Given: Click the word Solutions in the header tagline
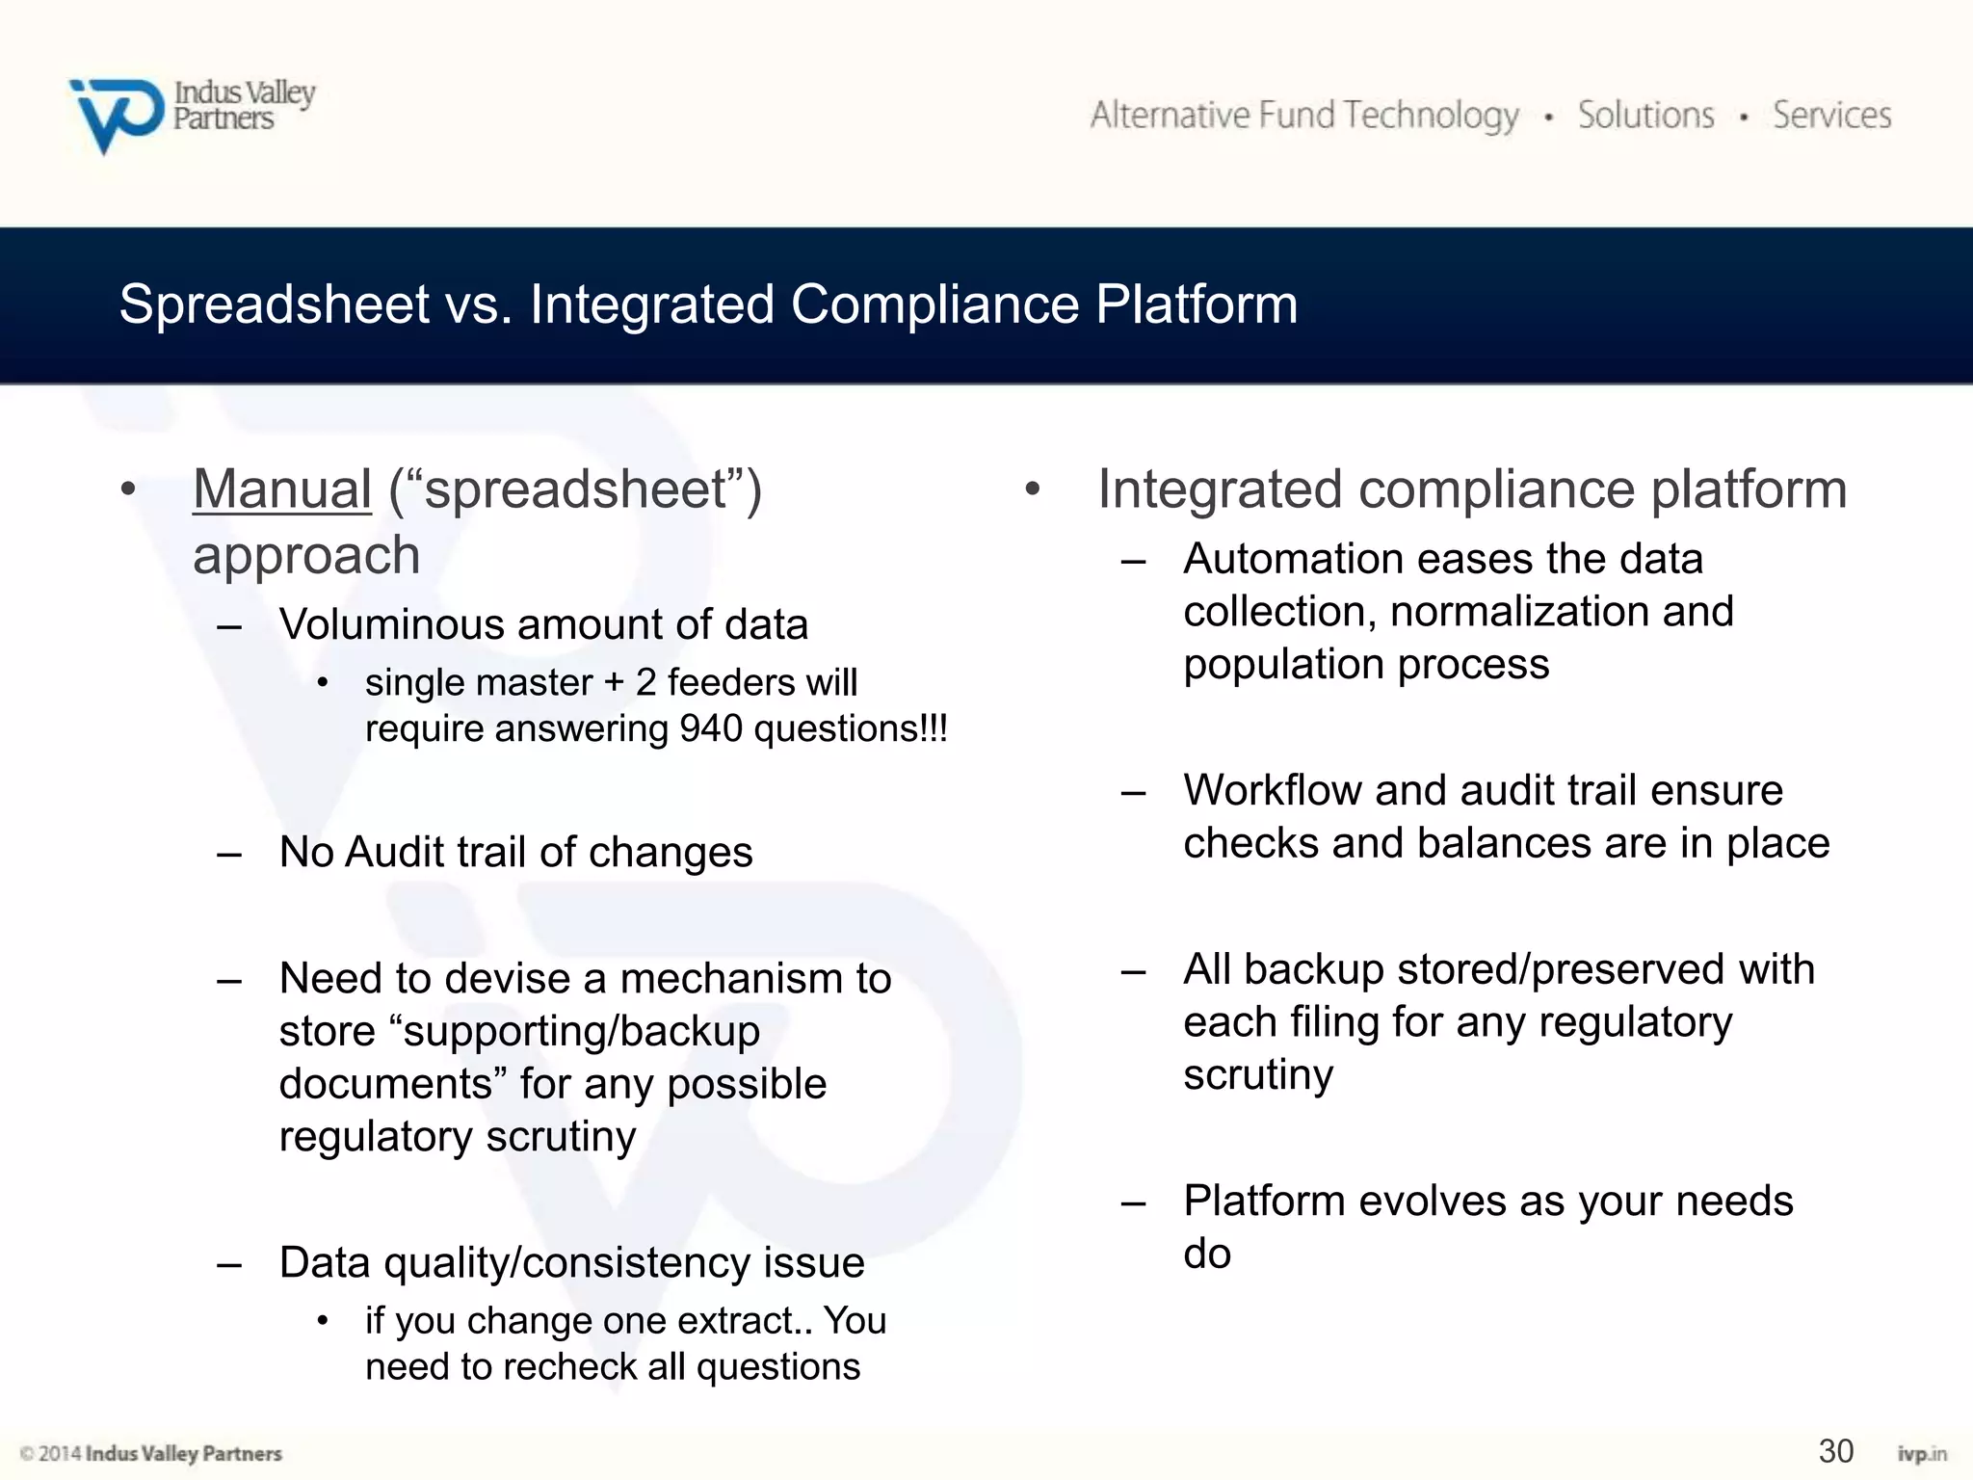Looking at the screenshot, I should (1645, 116).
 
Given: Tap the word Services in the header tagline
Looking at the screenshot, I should (1831, 116).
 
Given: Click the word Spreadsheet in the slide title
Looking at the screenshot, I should (274, 304).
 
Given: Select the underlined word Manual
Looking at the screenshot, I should (281, 489).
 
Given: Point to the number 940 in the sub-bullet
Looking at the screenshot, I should (711, 729).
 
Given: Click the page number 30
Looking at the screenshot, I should (1835, 1451).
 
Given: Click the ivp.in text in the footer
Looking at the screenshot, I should (1921, 1454).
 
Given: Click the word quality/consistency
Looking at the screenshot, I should (566, 1263).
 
